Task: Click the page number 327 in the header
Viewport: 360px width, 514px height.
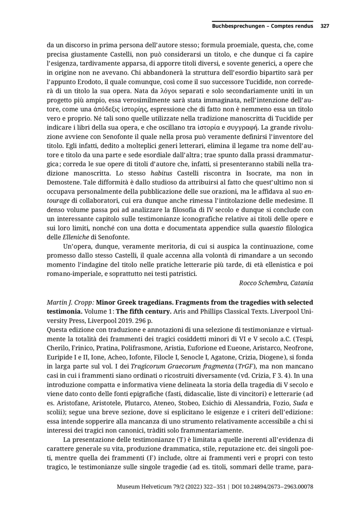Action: (x=325, y=26)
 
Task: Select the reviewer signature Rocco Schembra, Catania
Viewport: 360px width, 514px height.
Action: (x=276, y=283)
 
